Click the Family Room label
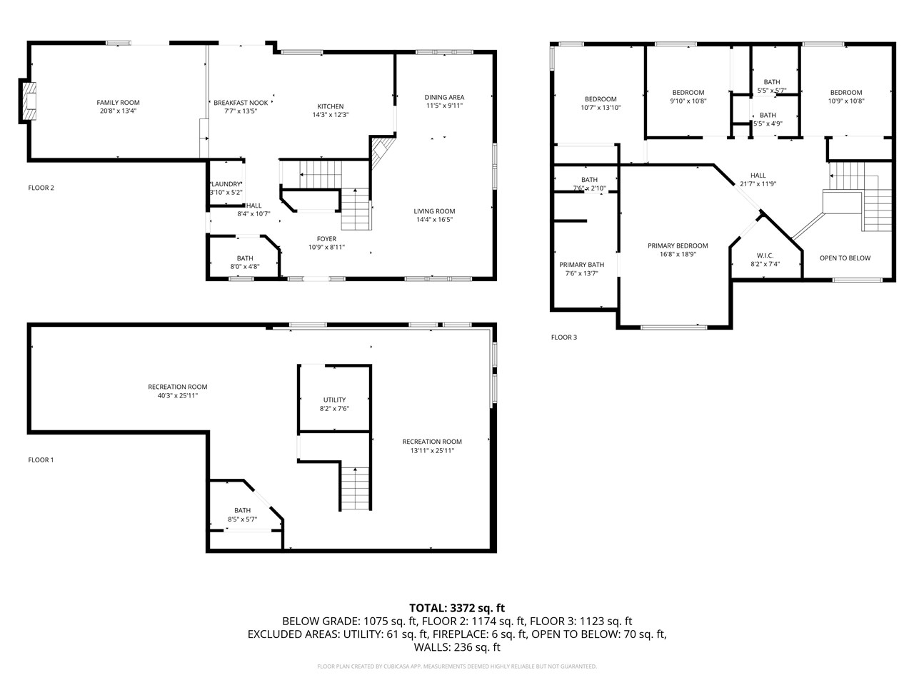coord(119,103)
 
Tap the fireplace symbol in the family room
coord(28,101)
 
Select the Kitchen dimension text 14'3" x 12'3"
coord(330,115)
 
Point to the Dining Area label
coord(444,98)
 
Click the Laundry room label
coord(226,185)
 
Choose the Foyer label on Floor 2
coord(326,239)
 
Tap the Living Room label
coord(434,211)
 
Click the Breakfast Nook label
coord(241,103)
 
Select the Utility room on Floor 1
coord(334,400)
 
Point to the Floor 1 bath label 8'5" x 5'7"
coord(243,519)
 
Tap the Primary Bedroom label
coord(678,246)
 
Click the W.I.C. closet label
coord(765,256)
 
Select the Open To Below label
coord(845,258)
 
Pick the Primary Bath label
coord(581,265)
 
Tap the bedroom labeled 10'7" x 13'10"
coord(600,99)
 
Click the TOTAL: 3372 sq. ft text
coord(457,608)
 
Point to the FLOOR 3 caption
coord(563,338)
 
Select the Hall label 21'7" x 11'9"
coord(758,176)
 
